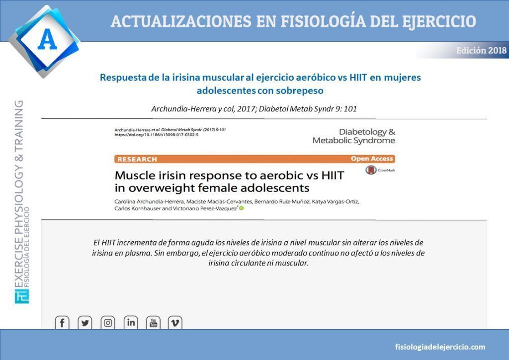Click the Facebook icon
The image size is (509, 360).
[62, 323]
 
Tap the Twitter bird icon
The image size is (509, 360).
[85, 323]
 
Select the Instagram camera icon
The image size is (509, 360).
[108, 323]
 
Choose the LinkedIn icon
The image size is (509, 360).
[131, 323]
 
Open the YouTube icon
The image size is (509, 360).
[153, 323]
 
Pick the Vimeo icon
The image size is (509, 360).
[175, 323]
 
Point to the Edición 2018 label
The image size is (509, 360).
[481, 50]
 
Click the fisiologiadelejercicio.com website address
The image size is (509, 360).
[440, 347]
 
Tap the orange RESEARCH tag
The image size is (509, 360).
[137, 160]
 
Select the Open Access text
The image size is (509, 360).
[372, 159]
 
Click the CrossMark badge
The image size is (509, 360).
[380, 170]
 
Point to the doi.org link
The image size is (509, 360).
[156, 135]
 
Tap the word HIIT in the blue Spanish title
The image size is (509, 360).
[358, 78]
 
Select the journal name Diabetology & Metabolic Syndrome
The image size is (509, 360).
[354, 136]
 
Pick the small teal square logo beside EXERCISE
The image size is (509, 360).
[22, 296]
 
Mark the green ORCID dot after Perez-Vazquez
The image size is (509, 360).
[241, 208]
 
